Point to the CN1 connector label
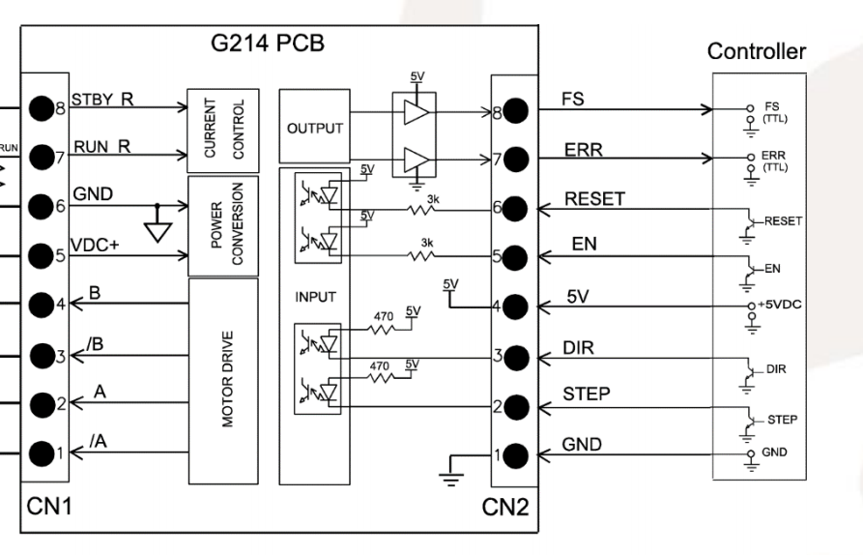[x=46, y=507]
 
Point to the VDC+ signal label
[x=95, y=246]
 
